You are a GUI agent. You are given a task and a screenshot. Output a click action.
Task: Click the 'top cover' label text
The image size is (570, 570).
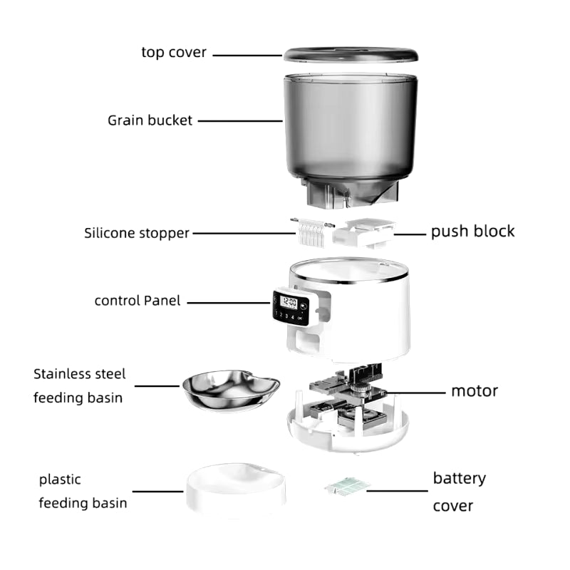pyautogui.click(x=174, y=53)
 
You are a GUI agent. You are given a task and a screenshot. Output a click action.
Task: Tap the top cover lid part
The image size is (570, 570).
pyautogui.click(x=351, y=55)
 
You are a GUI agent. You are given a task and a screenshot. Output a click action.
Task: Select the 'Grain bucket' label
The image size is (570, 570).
pyautogui.click(x=150, y=120)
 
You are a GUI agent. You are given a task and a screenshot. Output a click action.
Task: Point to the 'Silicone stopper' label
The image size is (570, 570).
pyautogui.click(x=137, y=233)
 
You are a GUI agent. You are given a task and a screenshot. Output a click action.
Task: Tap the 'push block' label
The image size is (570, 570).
pyautogui.click(x=472, y=231)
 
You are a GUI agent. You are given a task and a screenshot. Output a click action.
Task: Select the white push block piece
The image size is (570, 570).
pyautogui.click(x=363, y=233)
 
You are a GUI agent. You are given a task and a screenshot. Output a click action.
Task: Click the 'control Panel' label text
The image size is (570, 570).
pyautogui.click(x=138, y=301)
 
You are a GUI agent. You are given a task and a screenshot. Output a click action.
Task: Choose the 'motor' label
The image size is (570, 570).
pyautogui.click(x=475, y=391)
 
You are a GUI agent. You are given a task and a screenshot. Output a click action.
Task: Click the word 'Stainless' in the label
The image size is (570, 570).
pyautogui.click(x=61, y=373)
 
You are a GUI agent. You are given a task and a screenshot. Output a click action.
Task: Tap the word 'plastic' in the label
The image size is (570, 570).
pyautogui.click(x=60, y=480)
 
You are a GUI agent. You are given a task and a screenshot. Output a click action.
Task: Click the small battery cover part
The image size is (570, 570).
pyautogui.click(x=347, y=486)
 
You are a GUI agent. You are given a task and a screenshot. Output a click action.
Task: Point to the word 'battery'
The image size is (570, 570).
pyautogui.click(x=460, y=479)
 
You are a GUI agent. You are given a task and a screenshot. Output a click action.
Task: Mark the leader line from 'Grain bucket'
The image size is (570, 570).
pyautogui.click(x=240, y=121)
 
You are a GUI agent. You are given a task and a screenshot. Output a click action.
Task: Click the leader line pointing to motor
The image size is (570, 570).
pyautogui.click(x=416, y=393)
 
